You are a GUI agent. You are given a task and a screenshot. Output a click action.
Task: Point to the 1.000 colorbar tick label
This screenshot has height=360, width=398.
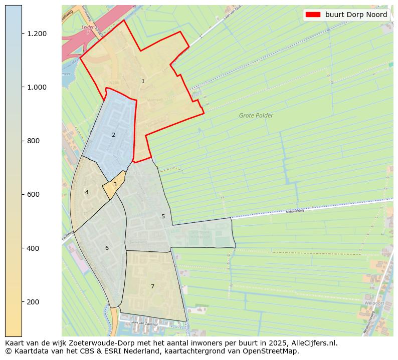coord(37,87)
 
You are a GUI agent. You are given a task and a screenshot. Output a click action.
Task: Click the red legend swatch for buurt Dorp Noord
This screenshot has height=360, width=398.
coord(313,15)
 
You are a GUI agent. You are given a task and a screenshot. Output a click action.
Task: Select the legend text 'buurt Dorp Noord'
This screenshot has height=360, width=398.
coord(356,15)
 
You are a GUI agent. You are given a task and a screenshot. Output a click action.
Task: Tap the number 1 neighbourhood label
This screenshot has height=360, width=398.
coord(143,81)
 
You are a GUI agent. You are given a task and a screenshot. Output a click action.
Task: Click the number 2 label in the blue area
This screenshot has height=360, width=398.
coord(113,135)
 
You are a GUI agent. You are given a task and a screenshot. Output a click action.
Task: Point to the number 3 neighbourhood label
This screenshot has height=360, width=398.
coord(115,185)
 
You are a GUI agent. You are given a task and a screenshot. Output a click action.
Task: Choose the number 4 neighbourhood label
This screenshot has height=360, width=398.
coord(87,192)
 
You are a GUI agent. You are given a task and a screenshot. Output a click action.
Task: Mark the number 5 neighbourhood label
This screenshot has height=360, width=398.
coord(163,216)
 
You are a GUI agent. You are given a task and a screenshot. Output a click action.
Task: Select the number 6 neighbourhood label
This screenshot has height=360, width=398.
coord(107,248)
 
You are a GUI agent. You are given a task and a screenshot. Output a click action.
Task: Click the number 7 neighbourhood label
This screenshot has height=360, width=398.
coord(152,286)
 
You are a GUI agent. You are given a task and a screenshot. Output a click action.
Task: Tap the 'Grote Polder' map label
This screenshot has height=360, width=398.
coord(256,116)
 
